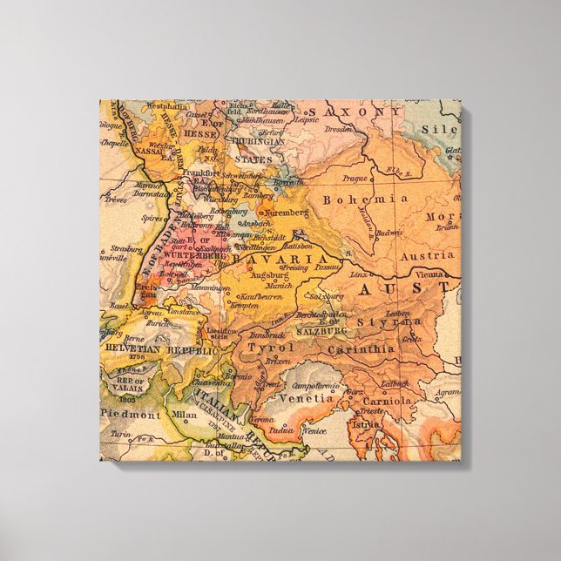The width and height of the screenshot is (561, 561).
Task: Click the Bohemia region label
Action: pos(354,199)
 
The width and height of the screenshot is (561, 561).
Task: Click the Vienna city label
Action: pos(409,273)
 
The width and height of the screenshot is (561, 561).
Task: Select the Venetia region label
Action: pos(306,398)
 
